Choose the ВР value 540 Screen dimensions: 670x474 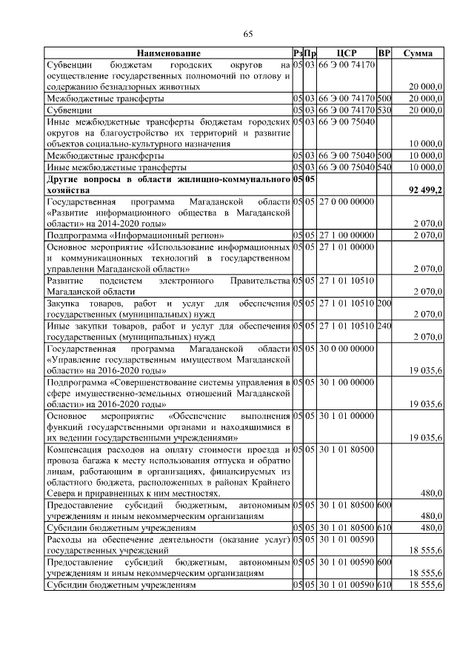(384, 167)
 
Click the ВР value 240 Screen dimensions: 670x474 (384, 326)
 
